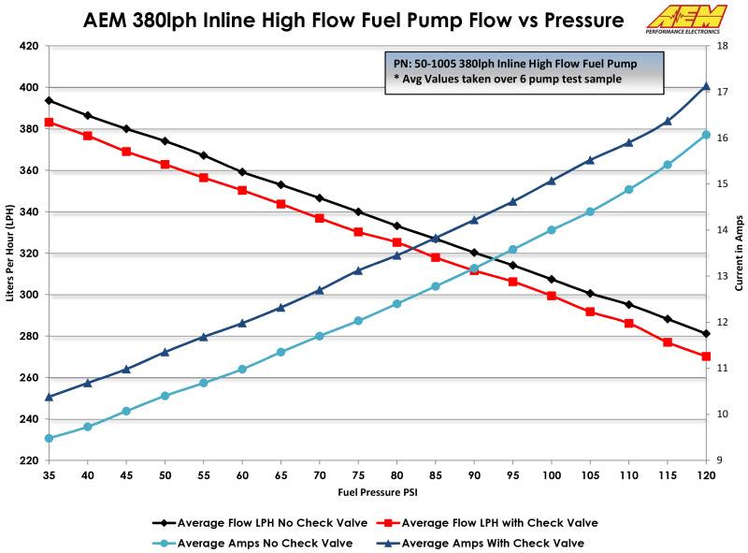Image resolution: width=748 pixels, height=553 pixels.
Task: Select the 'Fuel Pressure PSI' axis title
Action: click(x=378, y=491)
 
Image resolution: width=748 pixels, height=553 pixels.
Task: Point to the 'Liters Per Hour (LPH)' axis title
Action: click(x=11, y=254)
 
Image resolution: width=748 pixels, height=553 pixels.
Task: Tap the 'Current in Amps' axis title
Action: click(x=739, y=254)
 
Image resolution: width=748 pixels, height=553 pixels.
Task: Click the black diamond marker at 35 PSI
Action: click(x=49, y=100)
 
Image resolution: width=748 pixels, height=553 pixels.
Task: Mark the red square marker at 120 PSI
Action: click(x=706, y=357)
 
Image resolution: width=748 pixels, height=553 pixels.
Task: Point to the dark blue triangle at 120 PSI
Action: click(x=706, y=86)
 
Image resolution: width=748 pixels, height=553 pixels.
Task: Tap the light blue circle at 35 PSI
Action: click(x=49, y=438)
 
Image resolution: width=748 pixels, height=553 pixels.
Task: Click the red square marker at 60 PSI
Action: click(x=242, y=190)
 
